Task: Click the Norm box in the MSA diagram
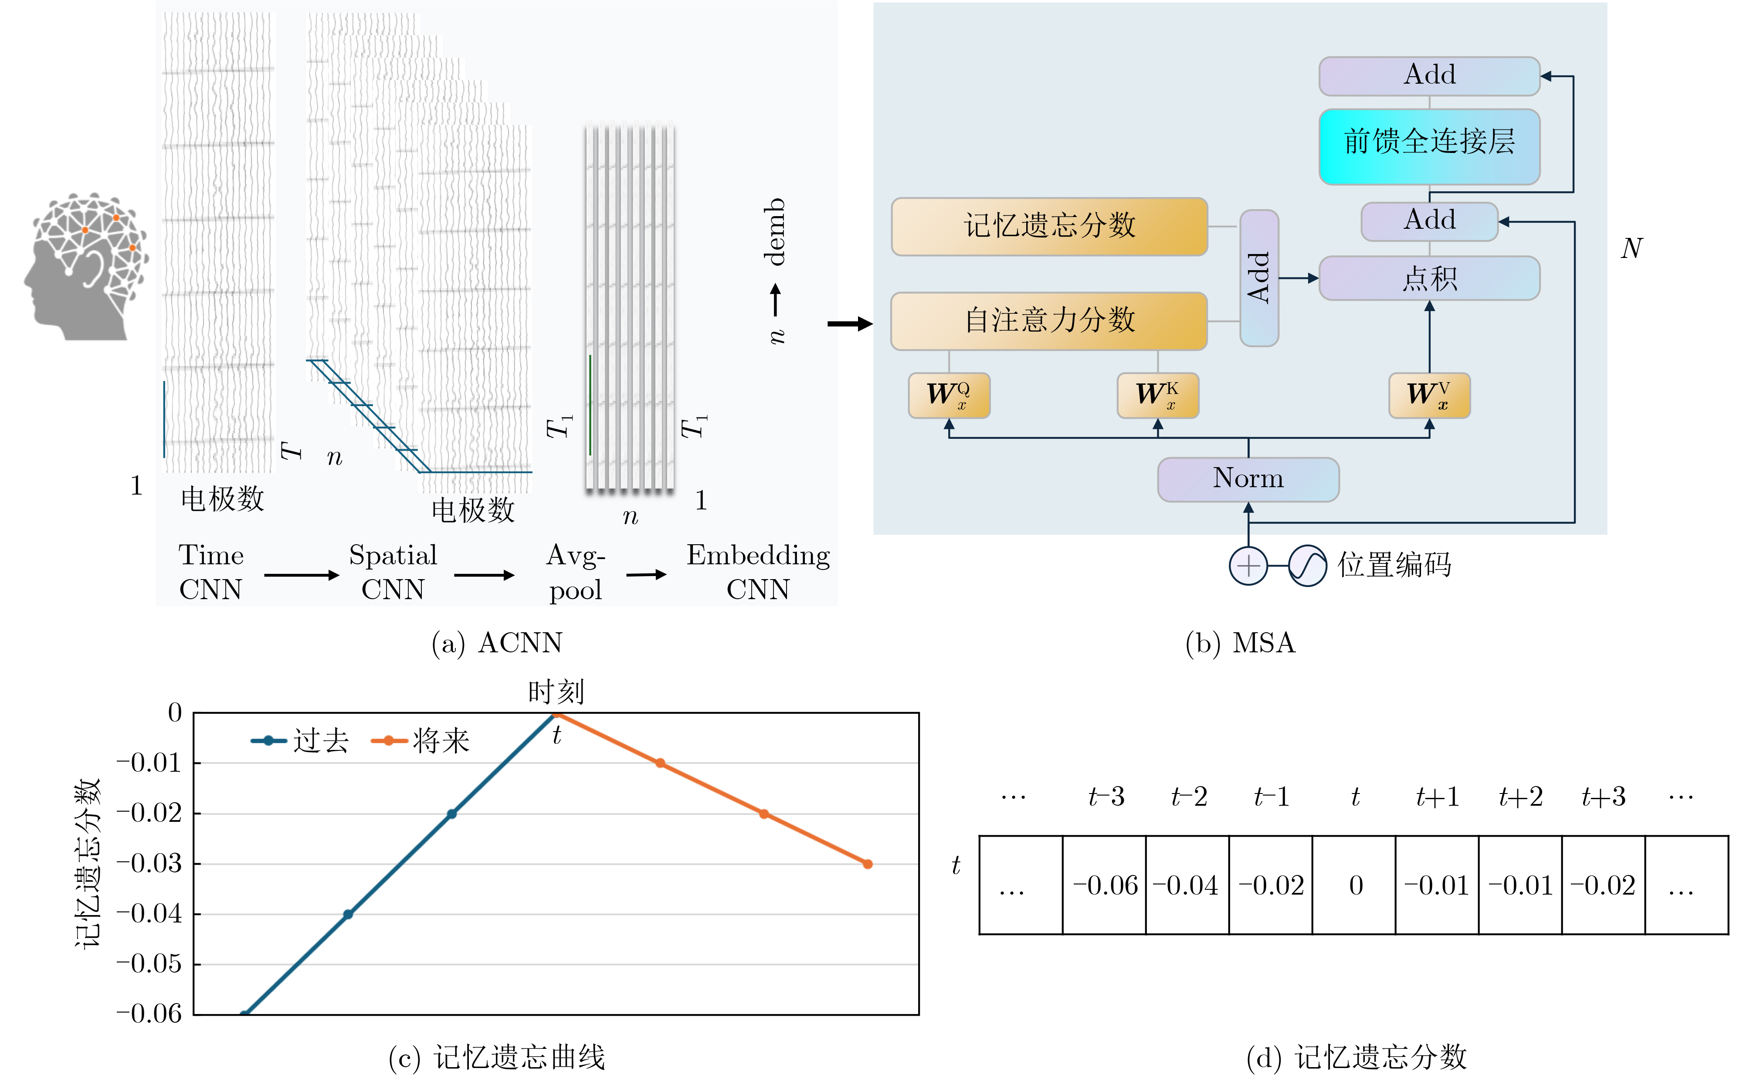coord(1248,479)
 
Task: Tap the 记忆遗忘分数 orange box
coord(1049,226)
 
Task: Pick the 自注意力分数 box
coord(1049,321)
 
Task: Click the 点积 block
coord(1429,278)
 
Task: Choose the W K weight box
coord(1157,395)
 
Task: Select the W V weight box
coord(1429,395)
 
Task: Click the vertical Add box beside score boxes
coord(1259,278)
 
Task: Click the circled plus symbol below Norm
coord(1248,566)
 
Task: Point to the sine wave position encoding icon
coord(1307,566)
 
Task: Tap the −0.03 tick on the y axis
coord(149,863)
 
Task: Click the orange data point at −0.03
coord(867,864)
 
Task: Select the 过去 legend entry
coord(300,741)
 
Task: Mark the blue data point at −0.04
coord(348,914)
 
